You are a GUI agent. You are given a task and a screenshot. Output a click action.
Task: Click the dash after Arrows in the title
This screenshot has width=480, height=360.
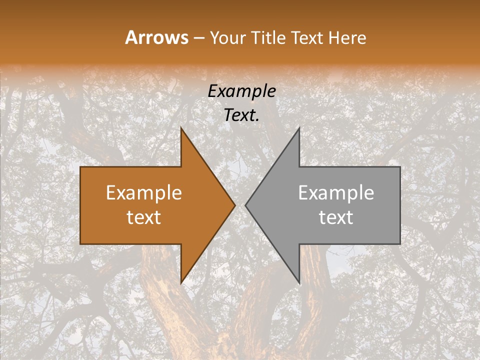point(199,38)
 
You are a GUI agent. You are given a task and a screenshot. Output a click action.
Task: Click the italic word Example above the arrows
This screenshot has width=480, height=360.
point(242,91)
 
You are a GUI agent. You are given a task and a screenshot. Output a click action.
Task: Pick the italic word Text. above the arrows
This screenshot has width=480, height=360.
point(242,115)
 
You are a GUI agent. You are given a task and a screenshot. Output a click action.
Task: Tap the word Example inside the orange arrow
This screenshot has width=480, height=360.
point(144,193)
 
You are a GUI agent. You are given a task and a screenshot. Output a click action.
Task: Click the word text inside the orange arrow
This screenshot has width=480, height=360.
point(144,217)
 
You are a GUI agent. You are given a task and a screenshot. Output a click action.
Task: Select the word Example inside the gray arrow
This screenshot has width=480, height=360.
point(336,193)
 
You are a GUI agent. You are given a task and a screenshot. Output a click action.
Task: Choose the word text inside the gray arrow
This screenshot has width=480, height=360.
point(336,217)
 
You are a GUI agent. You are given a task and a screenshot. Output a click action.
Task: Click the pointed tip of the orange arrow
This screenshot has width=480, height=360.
point(235,205)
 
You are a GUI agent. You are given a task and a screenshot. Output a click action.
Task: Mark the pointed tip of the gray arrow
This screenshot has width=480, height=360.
point(245,205)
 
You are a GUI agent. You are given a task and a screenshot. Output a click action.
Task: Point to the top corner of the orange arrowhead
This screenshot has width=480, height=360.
point(181,128)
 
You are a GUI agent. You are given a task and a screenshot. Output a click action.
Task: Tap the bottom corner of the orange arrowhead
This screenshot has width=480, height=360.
point(181,283)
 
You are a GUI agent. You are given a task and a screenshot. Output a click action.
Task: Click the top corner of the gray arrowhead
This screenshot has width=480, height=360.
point(299,128)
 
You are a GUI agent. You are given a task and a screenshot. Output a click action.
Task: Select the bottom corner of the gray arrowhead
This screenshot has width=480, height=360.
point(299,283)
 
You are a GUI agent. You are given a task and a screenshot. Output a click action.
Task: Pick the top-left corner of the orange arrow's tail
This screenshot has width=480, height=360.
point(81,167)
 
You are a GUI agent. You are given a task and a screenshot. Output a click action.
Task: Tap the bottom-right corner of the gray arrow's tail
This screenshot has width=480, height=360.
point(400,243)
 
